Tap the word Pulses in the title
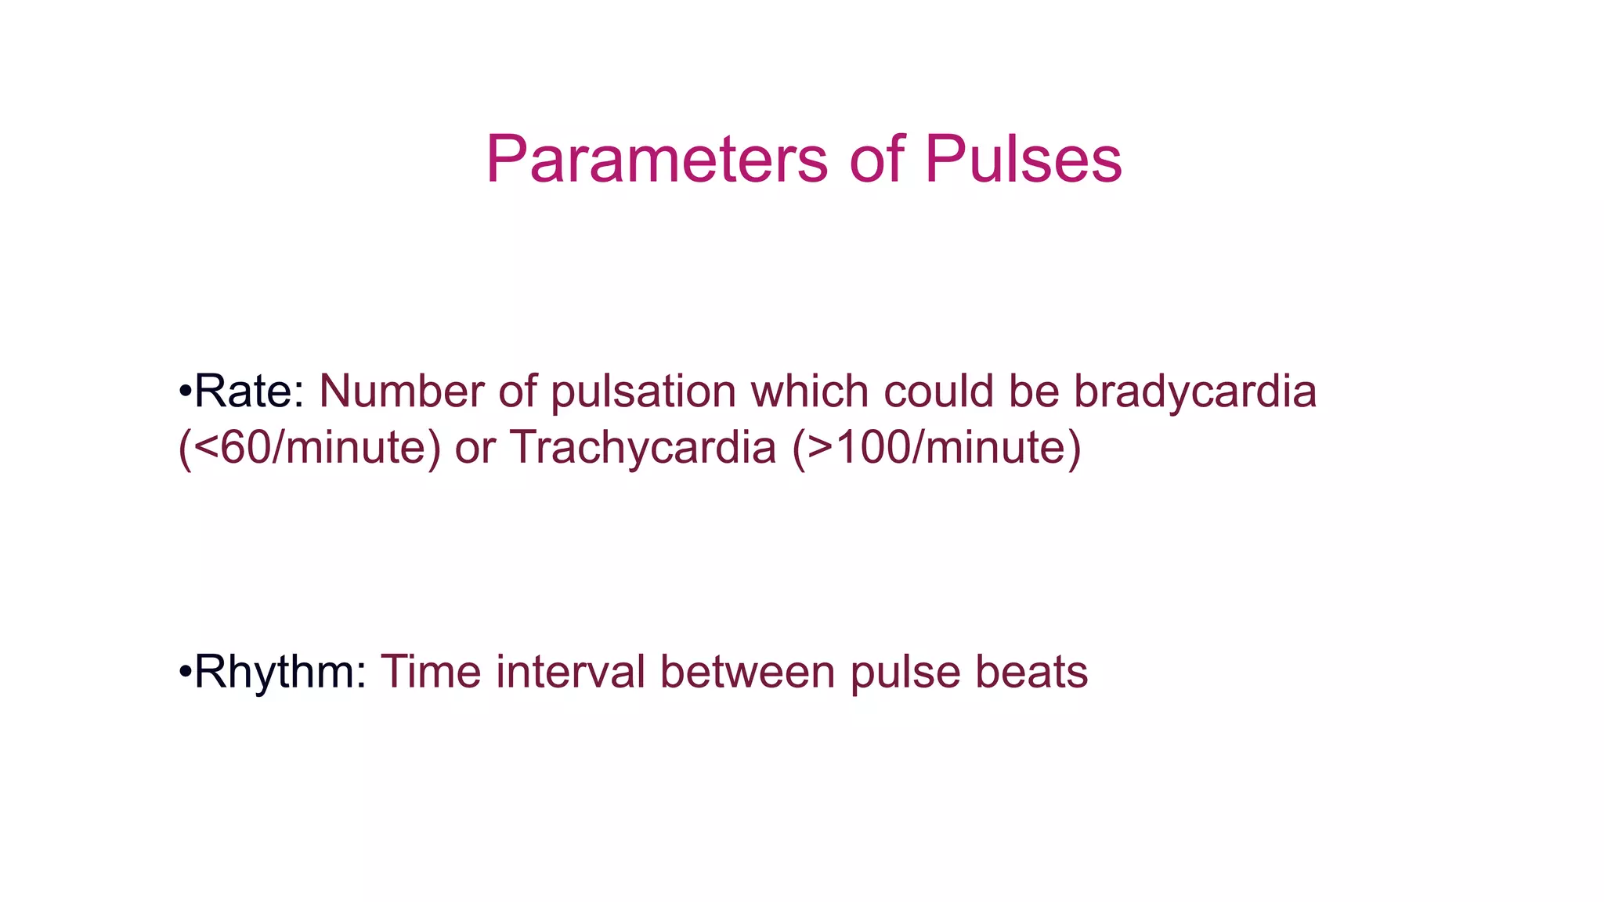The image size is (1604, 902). coord(1023,160)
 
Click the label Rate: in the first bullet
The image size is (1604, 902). coord(249,391)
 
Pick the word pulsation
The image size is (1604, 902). coord(643,391)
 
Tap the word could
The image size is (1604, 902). coord(938,391)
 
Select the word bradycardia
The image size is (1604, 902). coord(1194,391)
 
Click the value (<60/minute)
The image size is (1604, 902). coord(309,448)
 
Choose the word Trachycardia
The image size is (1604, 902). coord(643,448)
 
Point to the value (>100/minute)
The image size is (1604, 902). coord(937,448)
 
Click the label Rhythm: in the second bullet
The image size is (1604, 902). coord(280,672)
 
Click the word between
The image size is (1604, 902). coord(747,672)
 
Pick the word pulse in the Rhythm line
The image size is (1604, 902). coord(905,672)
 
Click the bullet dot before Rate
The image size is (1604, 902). coord(185,391)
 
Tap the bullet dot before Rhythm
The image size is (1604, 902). coord(185,671)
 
